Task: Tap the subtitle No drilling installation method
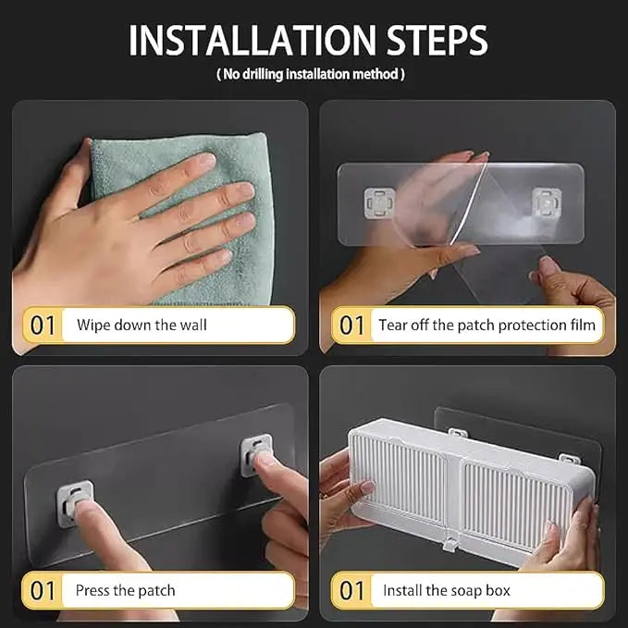(311, 74)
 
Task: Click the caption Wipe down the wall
(142, 325)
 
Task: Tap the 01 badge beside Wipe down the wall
(43, 325)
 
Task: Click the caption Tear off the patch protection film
(486, 325)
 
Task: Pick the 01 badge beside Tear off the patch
(352, 325)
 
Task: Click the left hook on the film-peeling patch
(379, 201)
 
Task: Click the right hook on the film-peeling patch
(547, 201)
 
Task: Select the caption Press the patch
(126, 589)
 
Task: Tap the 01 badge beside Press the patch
(43, 589)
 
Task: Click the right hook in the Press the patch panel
(255, 452)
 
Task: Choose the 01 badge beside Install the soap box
(352, 589)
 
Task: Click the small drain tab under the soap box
(449, 544)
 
